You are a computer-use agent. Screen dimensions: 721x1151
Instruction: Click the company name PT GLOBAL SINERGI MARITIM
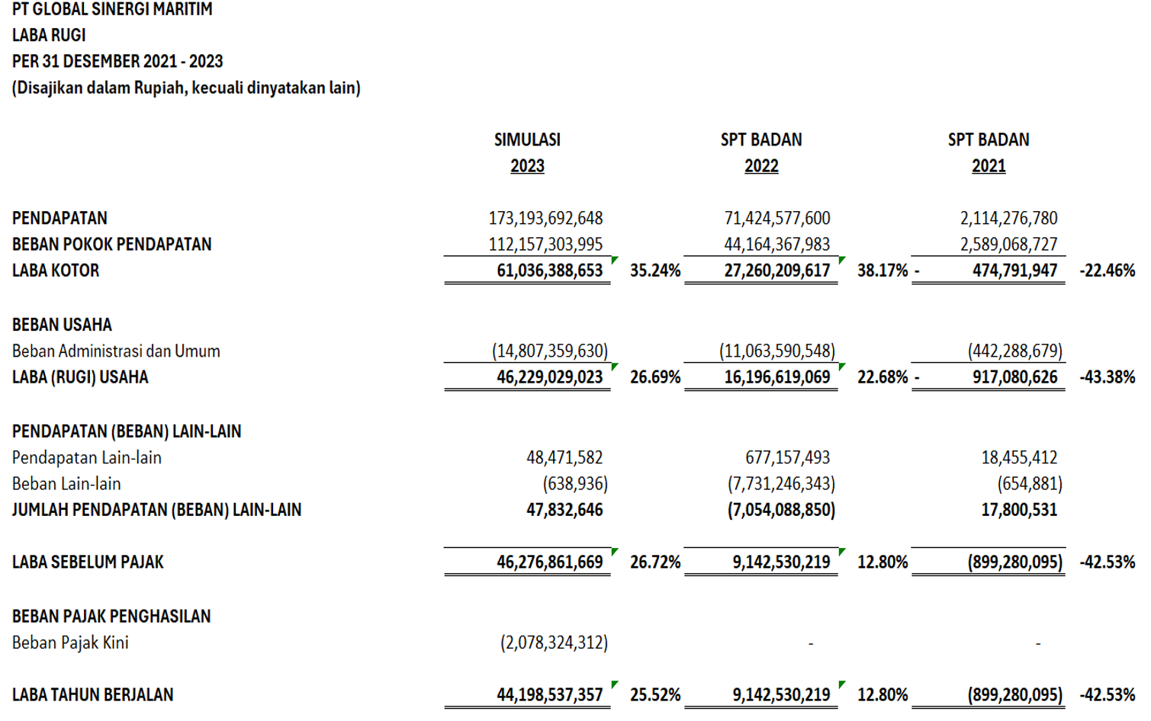pyautogui.click(x=112, y=10)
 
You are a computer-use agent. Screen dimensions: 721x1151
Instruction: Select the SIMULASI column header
pyautogui.click(x=527, y=140)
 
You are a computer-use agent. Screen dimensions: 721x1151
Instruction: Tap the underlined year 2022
pyautogui.click(x=761, y=166)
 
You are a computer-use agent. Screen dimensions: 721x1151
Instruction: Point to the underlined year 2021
pyautogui.click(x=988, y=166)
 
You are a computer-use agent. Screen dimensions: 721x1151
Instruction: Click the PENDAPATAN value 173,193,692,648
pyautogui.click(x=545, y=219)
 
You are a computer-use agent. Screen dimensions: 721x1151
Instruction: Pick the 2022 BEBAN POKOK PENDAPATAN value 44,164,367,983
pyautogui.click(x=776, y=245)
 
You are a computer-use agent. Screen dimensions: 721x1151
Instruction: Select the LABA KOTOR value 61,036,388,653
pyautogui.click(x=549, y=271)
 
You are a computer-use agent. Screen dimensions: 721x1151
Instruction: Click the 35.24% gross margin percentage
pyautogui.click(x=655, y=271)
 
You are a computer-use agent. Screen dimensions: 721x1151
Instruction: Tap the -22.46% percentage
pyautogui.click(x=1107, y=271)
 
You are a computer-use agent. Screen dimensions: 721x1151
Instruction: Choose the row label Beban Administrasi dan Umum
pyautogui.click(x=116, y=351)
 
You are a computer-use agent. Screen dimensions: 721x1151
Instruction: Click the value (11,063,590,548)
pyautogui.click(x=776, y=351)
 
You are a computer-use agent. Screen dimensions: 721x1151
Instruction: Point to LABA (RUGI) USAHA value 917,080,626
pyautogui.click(x=1014, y=377)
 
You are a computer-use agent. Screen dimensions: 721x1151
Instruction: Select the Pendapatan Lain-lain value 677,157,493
pyautogui.click(x=787, y=458)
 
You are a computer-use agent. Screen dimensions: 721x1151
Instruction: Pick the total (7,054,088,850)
pyautogui.click(x=780, y=510)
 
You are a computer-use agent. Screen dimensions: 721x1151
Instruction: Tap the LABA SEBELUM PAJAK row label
pyautogui.click(x=88, y=562)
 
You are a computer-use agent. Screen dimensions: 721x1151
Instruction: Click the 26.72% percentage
pyautogui.click(x=655, y=562)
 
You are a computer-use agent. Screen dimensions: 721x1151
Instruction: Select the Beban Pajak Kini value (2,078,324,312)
pyautogui.click(x=554, y=643)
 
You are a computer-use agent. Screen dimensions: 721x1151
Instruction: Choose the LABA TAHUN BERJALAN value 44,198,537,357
pyautogui.click(x=549, y=695)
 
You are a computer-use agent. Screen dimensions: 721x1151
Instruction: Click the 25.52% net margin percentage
pyautogui.click(x=655, y=695)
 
